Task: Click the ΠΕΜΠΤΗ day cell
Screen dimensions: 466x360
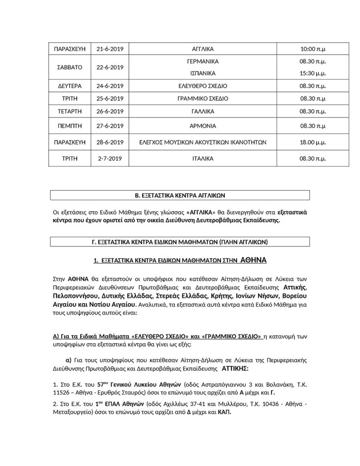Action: tap(68, 126)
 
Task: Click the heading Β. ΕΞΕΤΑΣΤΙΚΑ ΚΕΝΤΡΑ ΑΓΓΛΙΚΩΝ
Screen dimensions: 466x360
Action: tap(180, 196)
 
